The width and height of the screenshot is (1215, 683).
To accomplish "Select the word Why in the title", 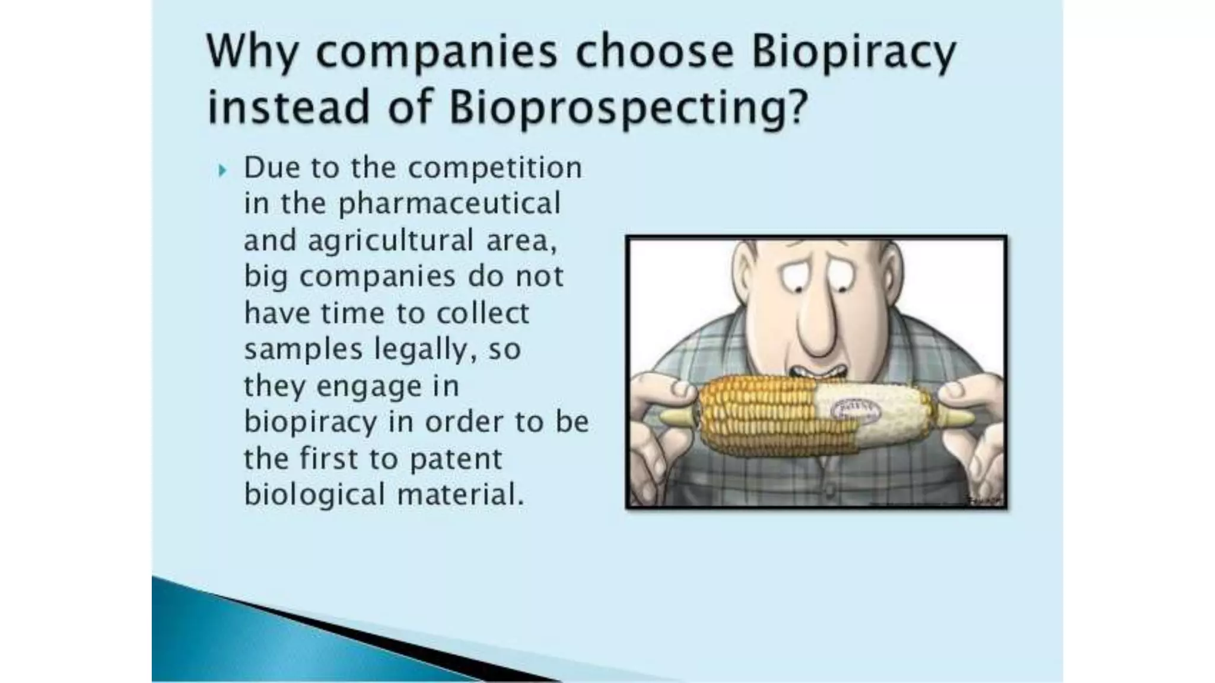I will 252,52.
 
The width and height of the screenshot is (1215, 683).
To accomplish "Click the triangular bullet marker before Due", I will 222,171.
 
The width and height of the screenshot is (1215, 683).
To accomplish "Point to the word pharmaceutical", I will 449,205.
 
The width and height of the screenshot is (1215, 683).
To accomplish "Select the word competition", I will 495,168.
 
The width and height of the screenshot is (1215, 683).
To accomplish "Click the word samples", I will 303,350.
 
